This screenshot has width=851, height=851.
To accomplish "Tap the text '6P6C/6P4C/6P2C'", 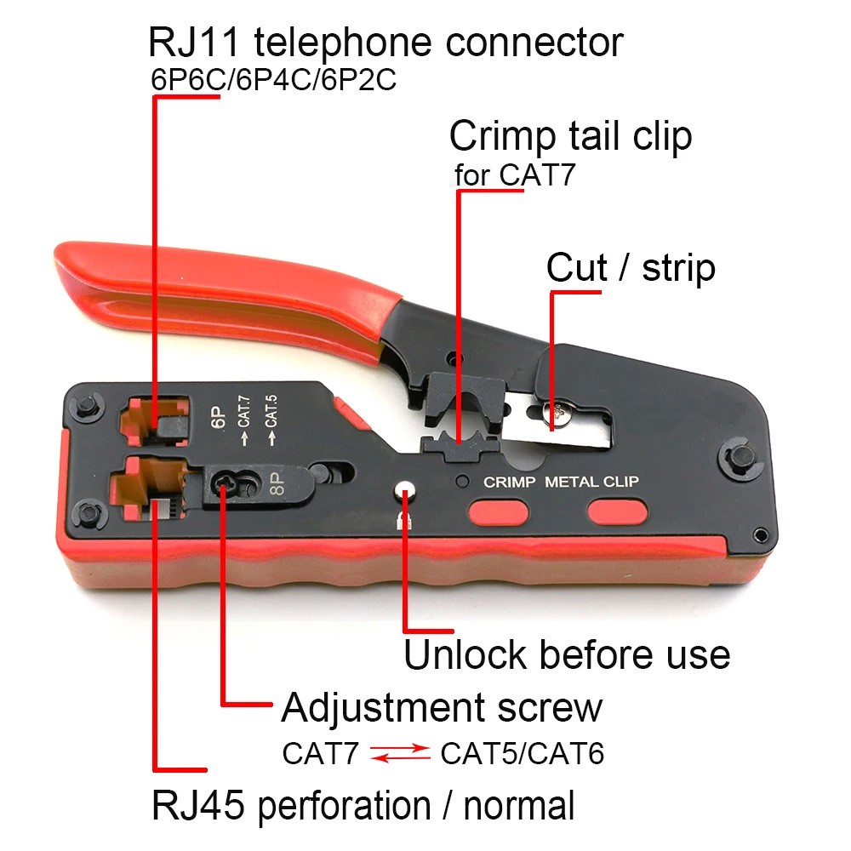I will coord(273,82).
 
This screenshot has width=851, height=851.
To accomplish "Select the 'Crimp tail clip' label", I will coord(570,135).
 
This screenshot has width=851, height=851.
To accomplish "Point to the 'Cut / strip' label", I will coord(631,267).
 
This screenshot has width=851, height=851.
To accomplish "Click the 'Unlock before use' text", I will coord(566,655).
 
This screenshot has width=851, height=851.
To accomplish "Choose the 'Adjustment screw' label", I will coord(441,707).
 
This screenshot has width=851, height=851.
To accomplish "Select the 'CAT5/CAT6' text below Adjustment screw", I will coord(522,753).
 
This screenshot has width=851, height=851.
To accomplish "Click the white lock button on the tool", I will coord(406,492).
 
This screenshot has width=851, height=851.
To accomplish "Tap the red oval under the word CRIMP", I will coord(498,512).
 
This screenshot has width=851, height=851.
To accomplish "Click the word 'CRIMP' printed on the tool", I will coord(509,482).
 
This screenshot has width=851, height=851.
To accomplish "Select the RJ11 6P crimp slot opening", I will coord(153,417).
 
